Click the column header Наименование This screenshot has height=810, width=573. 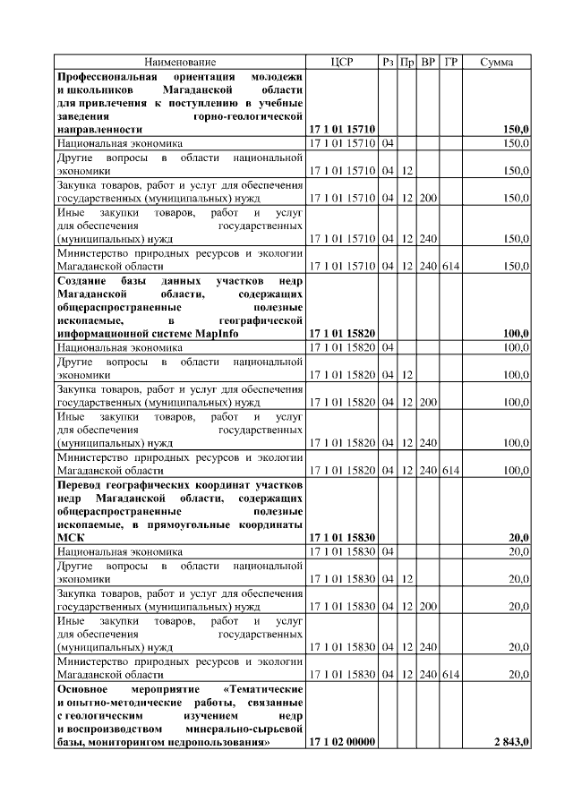pyautogui.click(x=180, y=62)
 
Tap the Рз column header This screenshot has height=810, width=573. pyautogui.click(x=388, y=62)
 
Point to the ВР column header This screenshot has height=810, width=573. pyautogui.click(x=428, y=62)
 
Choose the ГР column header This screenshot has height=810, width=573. pyautogui.click(x=451, y=62)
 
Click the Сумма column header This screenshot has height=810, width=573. pyautogui.click(x=497, y=62)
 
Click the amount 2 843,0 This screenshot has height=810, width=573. pyautogui.click(x=511, y=743)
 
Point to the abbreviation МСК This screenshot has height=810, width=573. pyautogui.click(x=71, y=537)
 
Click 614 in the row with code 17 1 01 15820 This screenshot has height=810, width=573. pyautogui.click(x=451, y=469)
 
